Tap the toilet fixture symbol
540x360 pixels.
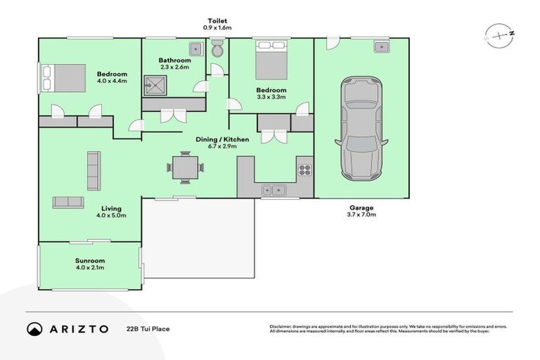[x=217, y=49]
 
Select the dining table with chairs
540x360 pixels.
[x=186, y=167]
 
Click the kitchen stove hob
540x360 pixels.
[x=304, y=169]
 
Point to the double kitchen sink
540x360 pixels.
[x=272, y=190]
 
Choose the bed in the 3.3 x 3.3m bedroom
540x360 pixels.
[x=271, y=62]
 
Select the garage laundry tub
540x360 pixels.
[x=382, y=47]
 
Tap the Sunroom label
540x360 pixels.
[x=90, y=261]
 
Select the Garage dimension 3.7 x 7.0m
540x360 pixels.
[x=362, y=215]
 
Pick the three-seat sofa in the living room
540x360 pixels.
[x=93, y=170]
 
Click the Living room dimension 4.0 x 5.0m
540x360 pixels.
[x=111, y=217]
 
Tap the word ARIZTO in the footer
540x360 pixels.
[x=78, y=328]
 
